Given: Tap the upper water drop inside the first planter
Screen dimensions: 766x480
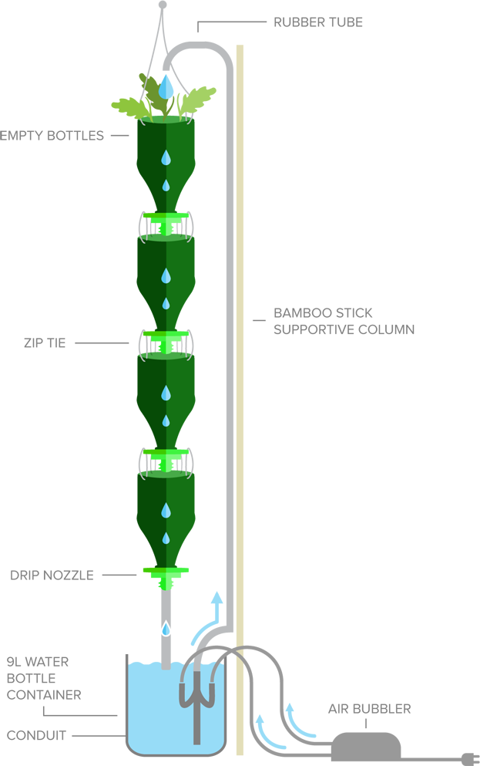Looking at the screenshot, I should (x=166, y=158).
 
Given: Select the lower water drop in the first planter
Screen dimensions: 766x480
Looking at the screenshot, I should (x=166, y=185).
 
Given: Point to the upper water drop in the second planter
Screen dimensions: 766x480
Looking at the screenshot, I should (x=166, y=275).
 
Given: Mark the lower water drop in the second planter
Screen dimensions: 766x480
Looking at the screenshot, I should (x=166, y=303).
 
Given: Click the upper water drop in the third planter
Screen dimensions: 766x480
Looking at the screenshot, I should (x=166, y=393).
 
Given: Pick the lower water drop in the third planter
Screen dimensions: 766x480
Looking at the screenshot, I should (x=166, y=420).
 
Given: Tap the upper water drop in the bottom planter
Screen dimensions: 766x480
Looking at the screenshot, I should (x=166, y=511).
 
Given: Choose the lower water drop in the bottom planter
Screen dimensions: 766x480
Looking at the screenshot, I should (x=166, y=538).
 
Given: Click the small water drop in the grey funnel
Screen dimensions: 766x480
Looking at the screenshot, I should (x=166, y=629).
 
